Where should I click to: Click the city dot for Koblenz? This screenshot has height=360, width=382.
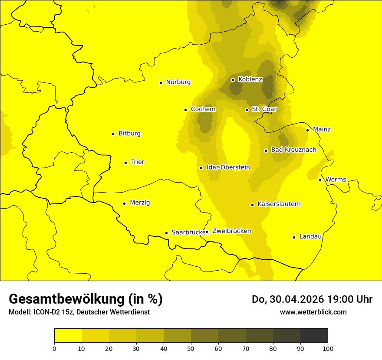[233, 80]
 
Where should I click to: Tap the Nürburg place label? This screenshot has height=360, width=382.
[178, 82]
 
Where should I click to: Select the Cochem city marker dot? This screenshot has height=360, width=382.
[185, 110]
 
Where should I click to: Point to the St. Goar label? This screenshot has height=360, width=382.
[264, 109]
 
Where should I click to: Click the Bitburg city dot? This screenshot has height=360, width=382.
[113, 134]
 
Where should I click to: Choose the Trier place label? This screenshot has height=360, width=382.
[138, 162]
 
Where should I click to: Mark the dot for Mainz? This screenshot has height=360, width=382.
[307, 130]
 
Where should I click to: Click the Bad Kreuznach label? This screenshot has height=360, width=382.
[293, 150]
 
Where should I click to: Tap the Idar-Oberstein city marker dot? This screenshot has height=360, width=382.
[201, 168]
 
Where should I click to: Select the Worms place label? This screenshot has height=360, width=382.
[336, 179]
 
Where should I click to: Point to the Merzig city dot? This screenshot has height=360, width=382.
[124, 203]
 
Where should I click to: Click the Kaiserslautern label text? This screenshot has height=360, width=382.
[279, 204]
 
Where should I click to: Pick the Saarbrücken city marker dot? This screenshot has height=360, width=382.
[166, 233]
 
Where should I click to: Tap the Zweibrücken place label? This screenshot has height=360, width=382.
[231, 231]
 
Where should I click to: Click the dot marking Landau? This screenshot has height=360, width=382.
[294, 237]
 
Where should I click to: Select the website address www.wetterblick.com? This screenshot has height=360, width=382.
[313, 312]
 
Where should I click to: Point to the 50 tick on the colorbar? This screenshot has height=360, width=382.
[191, 348]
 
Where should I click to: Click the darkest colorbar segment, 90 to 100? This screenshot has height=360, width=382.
[314, 336]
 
